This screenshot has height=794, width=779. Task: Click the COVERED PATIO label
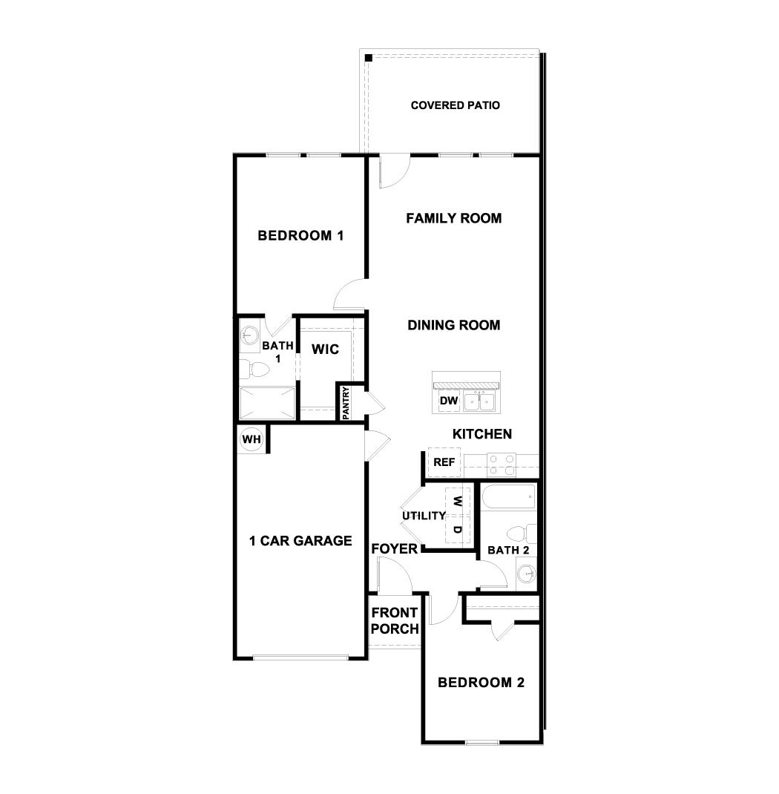455,105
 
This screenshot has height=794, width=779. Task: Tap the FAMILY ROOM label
453,218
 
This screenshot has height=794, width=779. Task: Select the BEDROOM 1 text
300,236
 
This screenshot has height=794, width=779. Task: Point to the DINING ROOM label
453,325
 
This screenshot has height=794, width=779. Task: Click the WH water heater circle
252,439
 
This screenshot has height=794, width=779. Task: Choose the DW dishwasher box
448,401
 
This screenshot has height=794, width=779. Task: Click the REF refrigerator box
444,462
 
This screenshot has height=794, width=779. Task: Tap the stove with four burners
502,465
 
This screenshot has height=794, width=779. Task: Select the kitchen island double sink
479,401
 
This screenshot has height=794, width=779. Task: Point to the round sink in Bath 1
249,334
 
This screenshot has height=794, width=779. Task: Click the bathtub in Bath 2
508,496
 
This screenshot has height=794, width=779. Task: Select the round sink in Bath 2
526,573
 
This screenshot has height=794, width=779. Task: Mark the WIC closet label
325,349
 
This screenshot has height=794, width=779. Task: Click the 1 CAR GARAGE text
300,541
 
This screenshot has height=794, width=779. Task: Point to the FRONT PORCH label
394,621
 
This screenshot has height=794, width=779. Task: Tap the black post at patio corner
368,57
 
